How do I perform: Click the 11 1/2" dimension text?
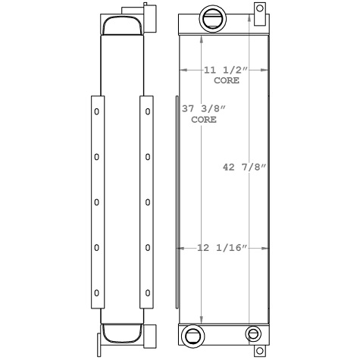[x=225, y=70]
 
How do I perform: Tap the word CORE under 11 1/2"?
[x=224, y=80]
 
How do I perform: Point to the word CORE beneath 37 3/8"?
[x=203, y=120]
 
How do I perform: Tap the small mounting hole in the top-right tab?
[x=260, y=9]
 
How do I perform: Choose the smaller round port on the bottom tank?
[x=252, y=334]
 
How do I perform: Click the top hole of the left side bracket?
[x=96, y=112]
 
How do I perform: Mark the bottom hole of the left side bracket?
[x=96, y=292]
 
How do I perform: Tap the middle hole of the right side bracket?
[x=148, y=202]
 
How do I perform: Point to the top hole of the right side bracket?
[x=148, y=112]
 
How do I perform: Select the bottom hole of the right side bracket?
[x=148, y=292]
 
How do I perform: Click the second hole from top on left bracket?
[x=96, y=157]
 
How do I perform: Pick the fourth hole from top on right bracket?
[x=148, y=247]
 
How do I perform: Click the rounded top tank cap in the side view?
[x=121, y=24]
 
